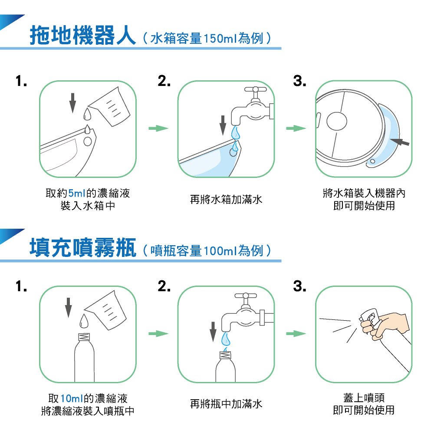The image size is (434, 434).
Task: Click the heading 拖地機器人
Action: pyautogui.click(x=82, y=36)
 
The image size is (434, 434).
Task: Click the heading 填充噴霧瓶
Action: pyautogui.click(x=82, y=248)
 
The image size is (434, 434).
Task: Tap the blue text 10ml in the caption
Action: pyautogui.click(x=72, y=398)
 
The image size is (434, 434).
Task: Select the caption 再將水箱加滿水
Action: pyautogui.click(x=226, y=199)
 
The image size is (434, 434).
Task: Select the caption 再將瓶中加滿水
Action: pyautogui.click(x=226, y=404)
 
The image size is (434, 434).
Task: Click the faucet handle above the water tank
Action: pyautogui.click(x=255, y=89)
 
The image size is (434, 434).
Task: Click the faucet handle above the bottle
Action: pyautogui.click(x=246, y=296)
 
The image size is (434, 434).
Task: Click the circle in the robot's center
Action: pyautogui.click(x=337, y=121)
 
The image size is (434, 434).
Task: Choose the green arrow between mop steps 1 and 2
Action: pyautogui.click(x=158, y=128)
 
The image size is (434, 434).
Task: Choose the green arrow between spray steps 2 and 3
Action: pyautogui.click(x=296, y=333)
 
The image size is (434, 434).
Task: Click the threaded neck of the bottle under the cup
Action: pyautogui.click(x=85, y=337)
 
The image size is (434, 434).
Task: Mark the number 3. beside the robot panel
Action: pyautogui.click(x=299, y=81)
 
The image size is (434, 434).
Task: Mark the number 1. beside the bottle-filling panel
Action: pyautogui.click(x=21, y=286)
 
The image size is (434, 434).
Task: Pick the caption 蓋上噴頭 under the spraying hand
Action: pyautogui.click(x=364, y=398)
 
